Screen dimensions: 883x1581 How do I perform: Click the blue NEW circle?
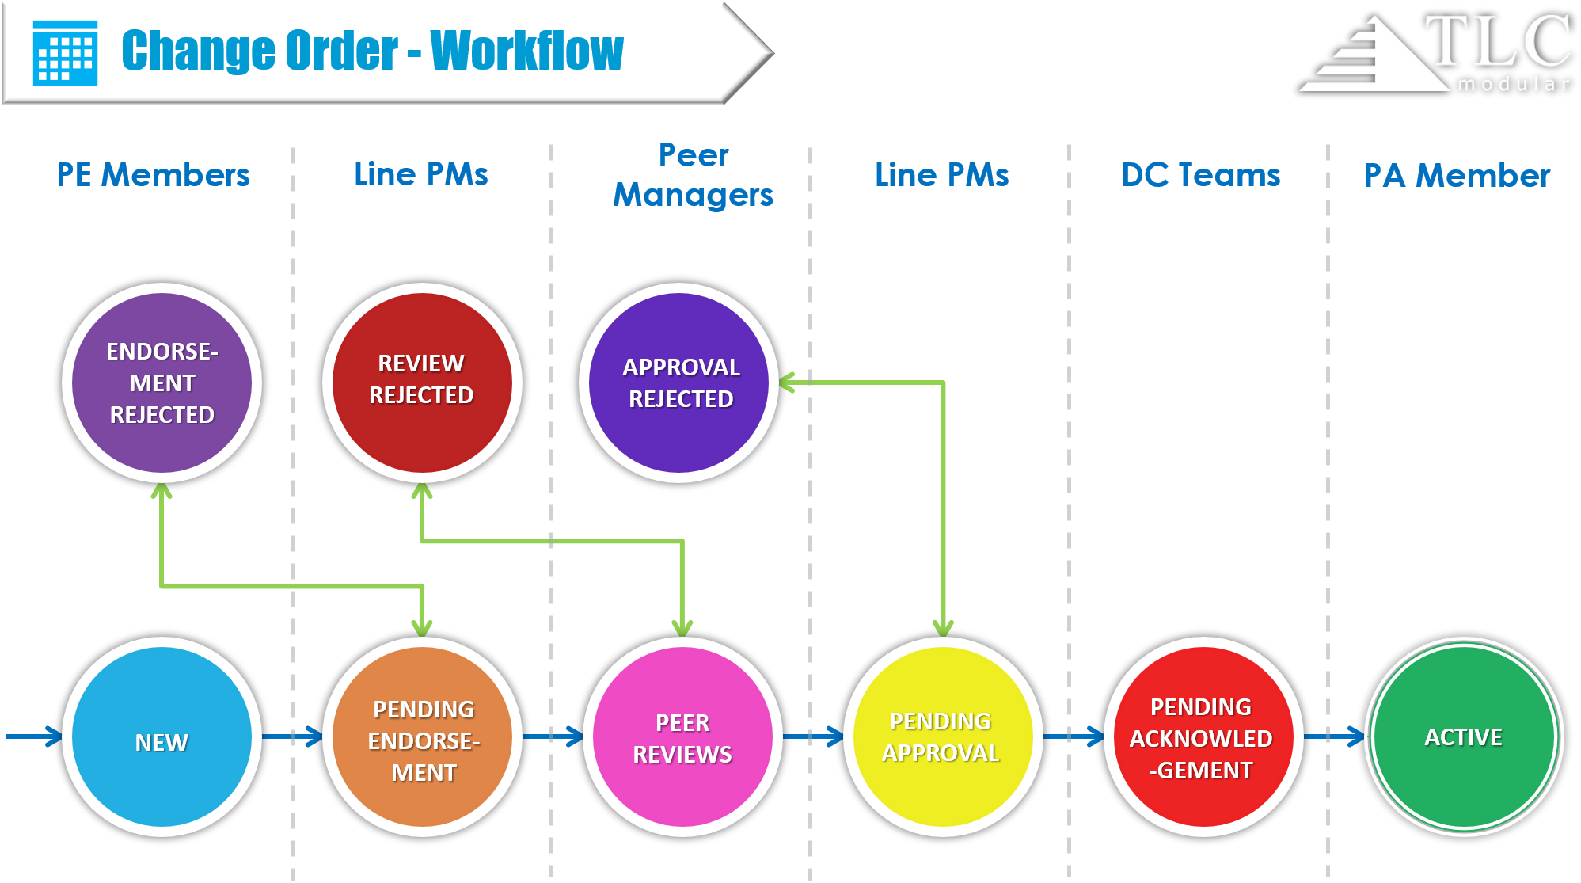162,736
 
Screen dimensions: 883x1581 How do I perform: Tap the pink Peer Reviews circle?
682,736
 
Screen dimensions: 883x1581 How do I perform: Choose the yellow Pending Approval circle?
942,736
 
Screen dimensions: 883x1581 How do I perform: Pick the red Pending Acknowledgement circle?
1203,736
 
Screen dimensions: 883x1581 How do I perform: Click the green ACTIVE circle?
1464,736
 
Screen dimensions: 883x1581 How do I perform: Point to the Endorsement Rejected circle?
162,383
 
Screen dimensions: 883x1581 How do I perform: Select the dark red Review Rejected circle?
421,383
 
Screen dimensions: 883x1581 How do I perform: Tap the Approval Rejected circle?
678,383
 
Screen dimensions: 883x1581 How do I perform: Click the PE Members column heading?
153,175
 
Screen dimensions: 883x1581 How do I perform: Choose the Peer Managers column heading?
694,175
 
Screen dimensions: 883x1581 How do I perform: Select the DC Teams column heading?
1200,175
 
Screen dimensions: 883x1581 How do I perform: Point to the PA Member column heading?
1457,175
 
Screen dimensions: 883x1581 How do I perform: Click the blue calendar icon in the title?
65,52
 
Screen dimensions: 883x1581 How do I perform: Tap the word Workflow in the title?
526,51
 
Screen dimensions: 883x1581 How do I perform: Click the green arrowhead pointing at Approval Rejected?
787,383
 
